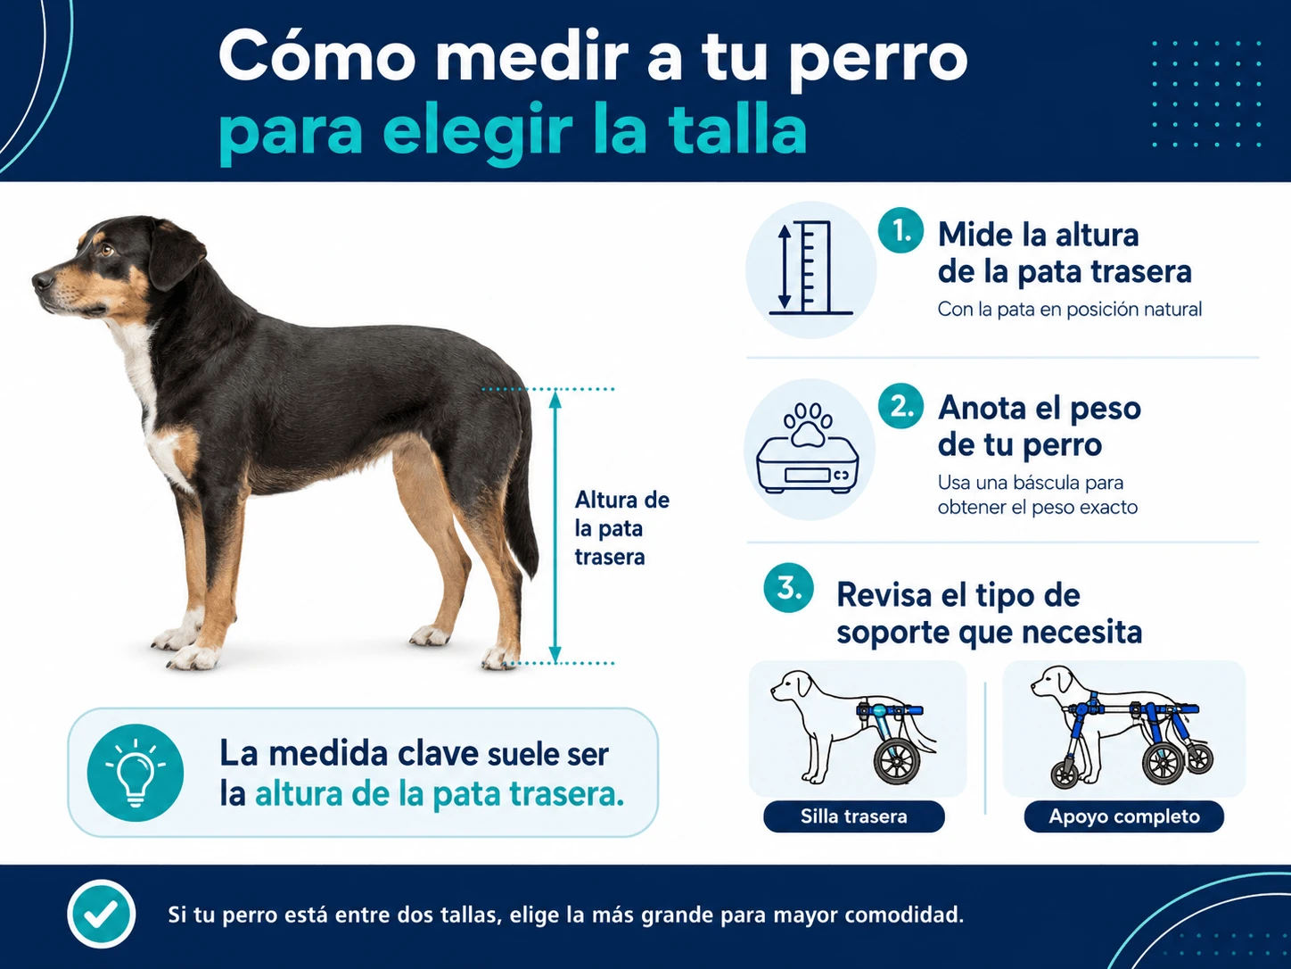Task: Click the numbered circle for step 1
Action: pyautogui.click(x=900, y=231)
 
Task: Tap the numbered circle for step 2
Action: pyautogui.click(x=900, y=406)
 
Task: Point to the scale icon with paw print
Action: pyautogui.click(x=808, y=448)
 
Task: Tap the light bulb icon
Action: pyautogui.click(x=136, y=773)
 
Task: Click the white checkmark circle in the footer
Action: pyautogui.click(x=101, y=914)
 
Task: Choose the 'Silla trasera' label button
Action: pyautogui.click(x=854, y=816)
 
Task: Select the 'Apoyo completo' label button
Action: pyautogui.click(x=1124, y=816)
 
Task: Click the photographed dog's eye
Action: pyautogui.click(x=106, y=250)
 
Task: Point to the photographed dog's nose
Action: pyautogui.click(x=42, y=281)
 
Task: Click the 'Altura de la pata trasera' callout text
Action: pyautogui.click(x=621, y=528)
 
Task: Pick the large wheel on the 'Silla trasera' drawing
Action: pyautogui.click(x=897, y=762)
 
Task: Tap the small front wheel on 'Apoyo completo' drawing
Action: pyautogui.click(x=1065, y=775)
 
